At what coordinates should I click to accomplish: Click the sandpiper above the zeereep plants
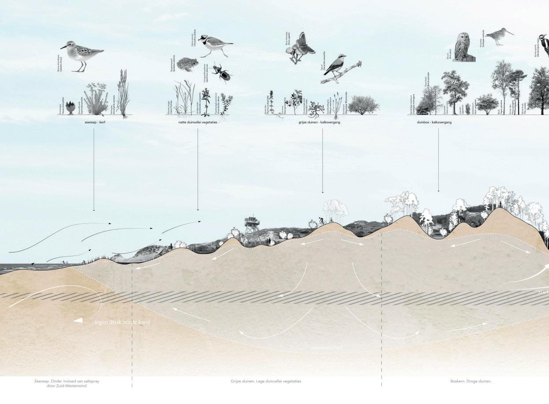(x=82, y=54)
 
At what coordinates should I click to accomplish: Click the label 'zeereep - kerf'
(x=94, y=122)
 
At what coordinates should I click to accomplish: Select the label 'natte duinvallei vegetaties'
(x=198, y=122)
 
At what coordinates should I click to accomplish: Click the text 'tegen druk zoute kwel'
(x=122, y=322)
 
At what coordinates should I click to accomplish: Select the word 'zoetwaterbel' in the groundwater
(x=326, y=348)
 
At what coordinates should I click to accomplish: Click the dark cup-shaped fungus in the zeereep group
(x=71, y=108)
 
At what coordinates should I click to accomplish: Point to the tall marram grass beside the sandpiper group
(x=123, y=95)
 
